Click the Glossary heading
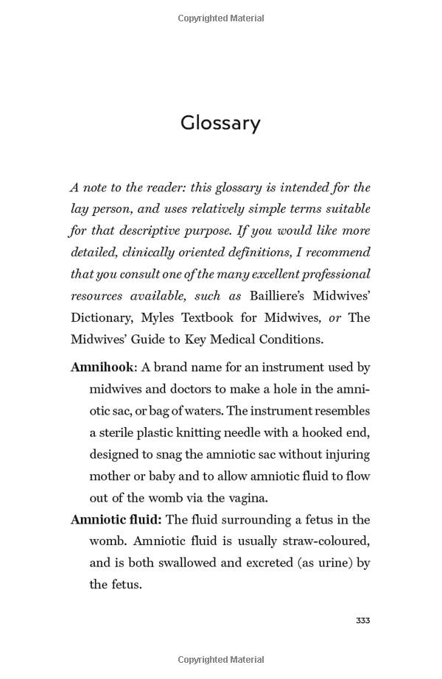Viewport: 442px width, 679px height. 220,122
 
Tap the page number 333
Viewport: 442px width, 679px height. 362,621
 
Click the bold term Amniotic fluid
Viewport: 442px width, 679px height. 116,520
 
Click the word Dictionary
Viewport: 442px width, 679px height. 101,318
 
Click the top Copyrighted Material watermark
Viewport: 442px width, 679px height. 221,18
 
